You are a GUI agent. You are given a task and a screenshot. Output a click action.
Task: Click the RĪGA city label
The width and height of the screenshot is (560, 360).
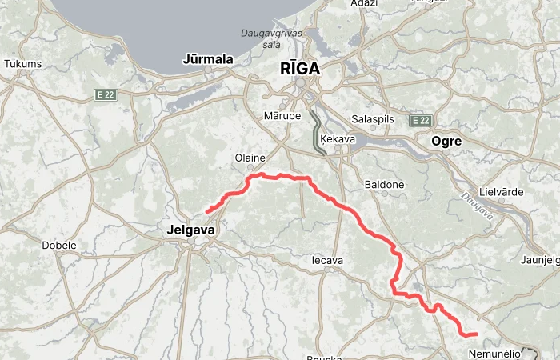pos(300,69)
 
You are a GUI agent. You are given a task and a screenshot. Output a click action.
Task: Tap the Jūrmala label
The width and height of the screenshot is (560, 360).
pos(207,59)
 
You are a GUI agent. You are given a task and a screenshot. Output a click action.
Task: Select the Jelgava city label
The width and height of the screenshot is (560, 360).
pos(191,230)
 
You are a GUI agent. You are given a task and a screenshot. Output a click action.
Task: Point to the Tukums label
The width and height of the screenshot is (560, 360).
pos(22,64)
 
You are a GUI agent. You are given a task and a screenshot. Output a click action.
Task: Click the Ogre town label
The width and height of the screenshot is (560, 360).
pos(446,141)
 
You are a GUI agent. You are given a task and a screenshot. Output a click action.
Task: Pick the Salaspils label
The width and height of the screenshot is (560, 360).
pos(373,119)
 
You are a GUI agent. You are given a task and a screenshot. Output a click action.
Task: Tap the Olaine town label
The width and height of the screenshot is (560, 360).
pos(249,158)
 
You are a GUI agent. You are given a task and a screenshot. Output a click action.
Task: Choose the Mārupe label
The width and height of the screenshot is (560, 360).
pos(282,116)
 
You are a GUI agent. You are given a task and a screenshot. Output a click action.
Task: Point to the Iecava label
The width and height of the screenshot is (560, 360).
pos(326,261)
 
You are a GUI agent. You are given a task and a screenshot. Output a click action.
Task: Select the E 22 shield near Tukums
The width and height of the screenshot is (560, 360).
pos(105,94)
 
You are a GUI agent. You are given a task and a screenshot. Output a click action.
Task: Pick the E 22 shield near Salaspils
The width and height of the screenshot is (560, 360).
pos(421,120)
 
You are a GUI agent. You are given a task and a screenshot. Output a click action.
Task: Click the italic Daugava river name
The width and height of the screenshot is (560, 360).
pos(478,206)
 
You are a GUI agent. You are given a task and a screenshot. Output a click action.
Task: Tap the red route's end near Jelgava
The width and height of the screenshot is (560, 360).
pos(208,210)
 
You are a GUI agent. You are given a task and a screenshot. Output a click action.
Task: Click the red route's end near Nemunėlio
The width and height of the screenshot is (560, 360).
pos(476,334)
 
